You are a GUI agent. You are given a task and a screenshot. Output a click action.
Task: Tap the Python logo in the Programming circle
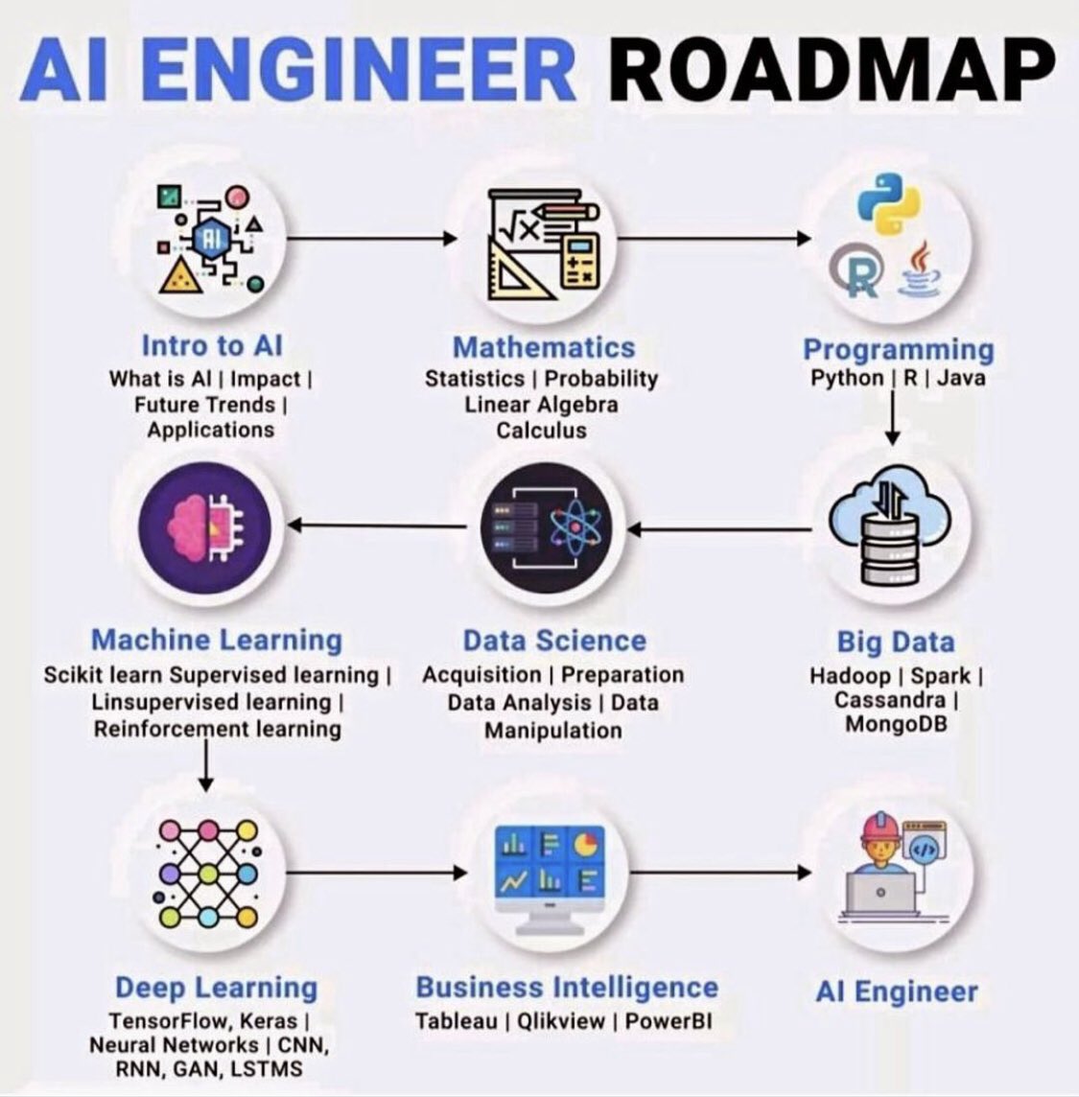(889, 203)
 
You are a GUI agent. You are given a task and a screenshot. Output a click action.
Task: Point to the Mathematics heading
(544, 347)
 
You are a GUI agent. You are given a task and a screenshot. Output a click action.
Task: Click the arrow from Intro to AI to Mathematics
(372, 239)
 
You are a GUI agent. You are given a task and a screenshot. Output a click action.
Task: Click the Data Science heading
(554, 641)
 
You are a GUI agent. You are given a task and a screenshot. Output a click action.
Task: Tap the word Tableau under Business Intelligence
(456, 1021)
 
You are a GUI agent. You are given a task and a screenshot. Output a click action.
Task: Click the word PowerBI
(669, 1021)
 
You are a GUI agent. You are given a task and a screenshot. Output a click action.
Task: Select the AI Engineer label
(897, 992)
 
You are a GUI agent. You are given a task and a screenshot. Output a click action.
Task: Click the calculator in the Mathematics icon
(581, 262)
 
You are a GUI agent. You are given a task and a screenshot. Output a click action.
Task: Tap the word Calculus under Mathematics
(542, 431)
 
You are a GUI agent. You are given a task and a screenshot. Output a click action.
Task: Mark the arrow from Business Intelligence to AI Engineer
(720, 873)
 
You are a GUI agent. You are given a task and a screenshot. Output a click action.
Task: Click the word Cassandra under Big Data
(889, 700)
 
